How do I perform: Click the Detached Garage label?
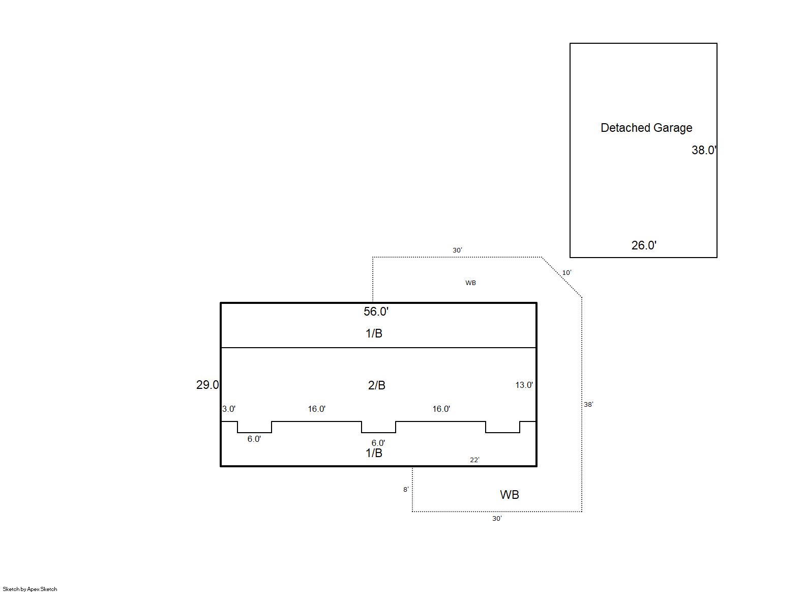(x=646, y=128)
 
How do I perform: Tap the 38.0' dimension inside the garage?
(x=703, y=150)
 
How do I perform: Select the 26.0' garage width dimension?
(x=644, y=245)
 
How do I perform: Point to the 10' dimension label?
(x=566, y=273)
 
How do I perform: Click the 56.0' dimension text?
(x=376, y=312)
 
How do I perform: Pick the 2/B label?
(x=376, y=385)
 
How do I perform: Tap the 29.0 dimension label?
(x=207, y=385)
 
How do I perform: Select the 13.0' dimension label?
(x=524, y=385)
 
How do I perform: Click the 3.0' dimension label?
(x=229, y=409)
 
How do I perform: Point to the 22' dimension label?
(x=474, y=460)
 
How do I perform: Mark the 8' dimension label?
(x=406, y=489)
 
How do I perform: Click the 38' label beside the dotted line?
(x=588, y=404)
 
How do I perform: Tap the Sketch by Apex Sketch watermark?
(x=30, y=589)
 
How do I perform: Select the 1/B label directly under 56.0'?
(x=374, y=333)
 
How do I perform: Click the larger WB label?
(x=509, y=495)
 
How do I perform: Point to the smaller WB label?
(x=470, y=283)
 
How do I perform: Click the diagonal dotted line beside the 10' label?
(x=561, y=277)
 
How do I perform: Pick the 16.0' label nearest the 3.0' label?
(x=316, y=409)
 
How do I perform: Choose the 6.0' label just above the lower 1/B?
(x=378, y=443)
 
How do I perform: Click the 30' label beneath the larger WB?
(x=497, y=518)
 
